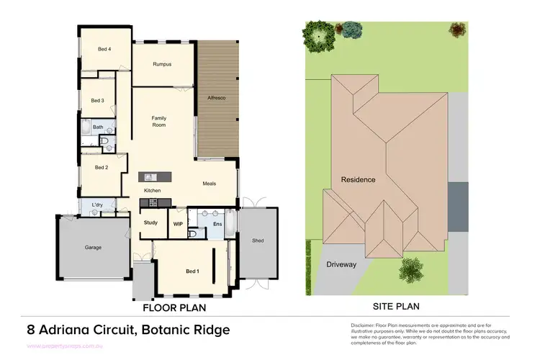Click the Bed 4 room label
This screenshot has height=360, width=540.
coord(104,49)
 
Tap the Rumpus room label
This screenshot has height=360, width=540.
coord(161,64)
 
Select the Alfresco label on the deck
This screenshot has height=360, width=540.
coord(217,97)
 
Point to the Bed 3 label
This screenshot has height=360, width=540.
coord(98,101)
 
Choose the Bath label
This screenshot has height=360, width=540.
coord(98,127)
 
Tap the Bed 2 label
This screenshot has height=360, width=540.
coord(102,167)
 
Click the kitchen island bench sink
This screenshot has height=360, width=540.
coord(150,177)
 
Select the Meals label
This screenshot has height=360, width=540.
coord(210,184)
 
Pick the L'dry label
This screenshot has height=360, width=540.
coord(97,205)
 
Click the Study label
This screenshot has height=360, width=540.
coord(150,223)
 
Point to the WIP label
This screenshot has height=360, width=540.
coord(178,224)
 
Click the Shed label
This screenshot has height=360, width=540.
coord(257,240)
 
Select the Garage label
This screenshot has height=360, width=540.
coord(94,247)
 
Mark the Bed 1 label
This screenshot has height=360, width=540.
coord(192,271)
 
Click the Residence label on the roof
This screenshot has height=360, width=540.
coord(358,179)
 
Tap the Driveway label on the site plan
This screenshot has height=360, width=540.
coord(341,264)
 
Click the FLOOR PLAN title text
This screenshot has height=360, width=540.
coord(174,307)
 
